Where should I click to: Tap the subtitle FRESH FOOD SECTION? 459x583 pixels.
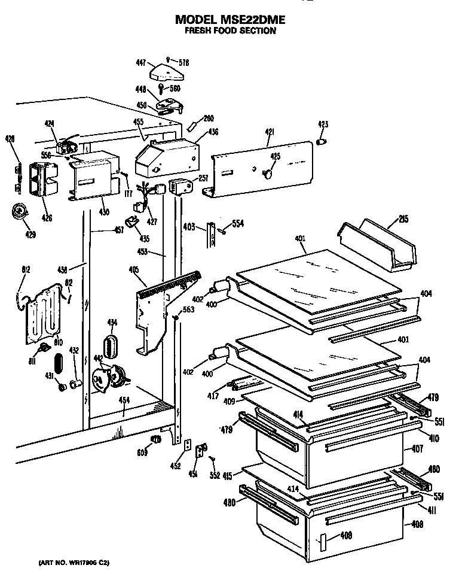tap(229, 31)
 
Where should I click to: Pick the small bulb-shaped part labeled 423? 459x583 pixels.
tap(322, 142)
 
